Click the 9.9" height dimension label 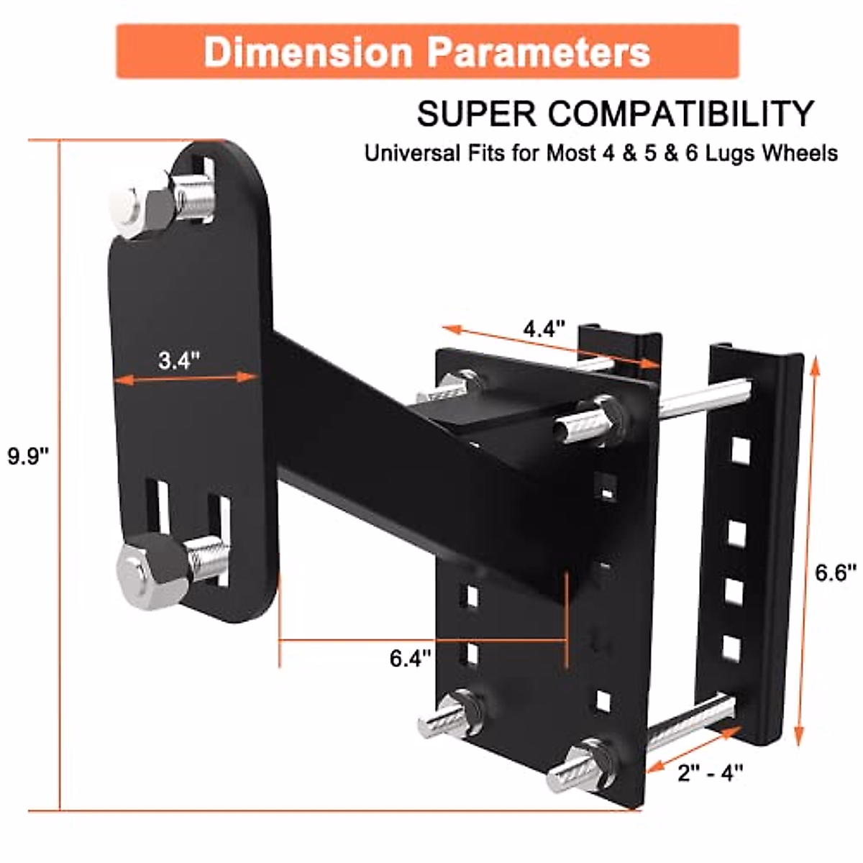(x=28, y=456)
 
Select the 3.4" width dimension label (x=179, y=360)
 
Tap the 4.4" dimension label (x=544, y=329)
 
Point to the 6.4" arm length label (x=411, y=657)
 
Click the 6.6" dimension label (x=836, y=573)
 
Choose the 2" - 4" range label (x=710, y=772)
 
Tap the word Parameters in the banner (x=538, y=52)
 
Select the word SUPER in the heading (x=477, y=114)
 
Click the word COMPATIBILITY (x=681, y=114)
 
